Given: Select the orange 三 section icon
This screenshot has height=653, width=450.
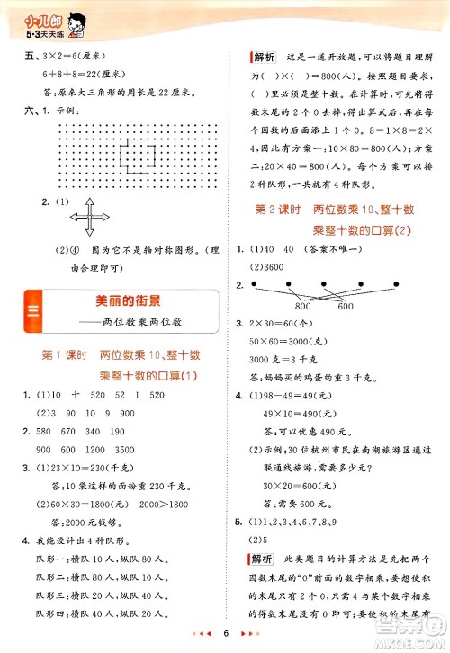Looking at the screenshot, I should pyautogui.click(x=32, y=312).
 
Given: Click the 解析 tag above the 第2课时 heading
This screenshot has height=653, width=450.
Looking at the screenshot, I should pyautogui.click(x=264, y=58).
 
